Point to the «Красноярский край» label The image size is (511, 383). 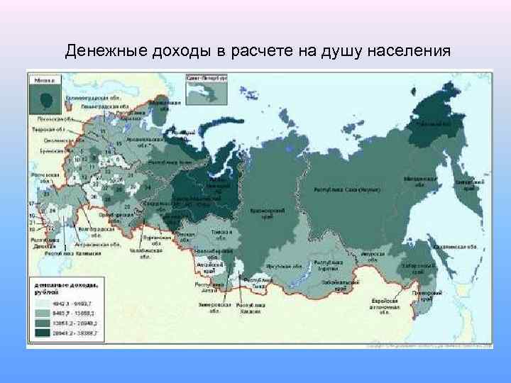pyautogui.click(x=260, y=213)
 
